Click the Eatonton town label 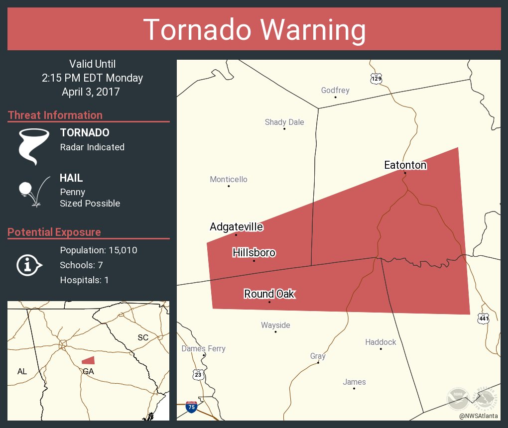[x=405, y=165]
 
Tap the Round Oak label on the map [x=269, y=294]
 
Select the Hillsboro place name [x=254, y=253]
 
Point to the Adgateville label [x=236, y=227]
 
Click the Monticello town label [x=228, y=179]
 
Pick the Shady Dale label [x=284, y=122]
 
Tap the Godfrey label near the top [x=335, y=90]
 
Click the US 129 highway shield [x=376, y=79]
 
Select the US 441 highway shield [x=483, y=319]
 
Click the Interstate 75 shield [x=191, y=407]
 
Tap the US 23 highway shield [x=198, y=373]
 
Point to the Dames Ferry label [x=203, y=348]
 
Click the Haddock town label [x=381, y=342]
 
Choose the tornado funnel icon [x=33, y=146]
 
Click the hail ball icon [x=26, y=189]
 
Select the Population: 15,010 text [x=98, y=250]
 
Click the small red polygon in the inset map [x=88, y=360]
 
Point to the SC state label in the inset [x=143, y=337]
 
